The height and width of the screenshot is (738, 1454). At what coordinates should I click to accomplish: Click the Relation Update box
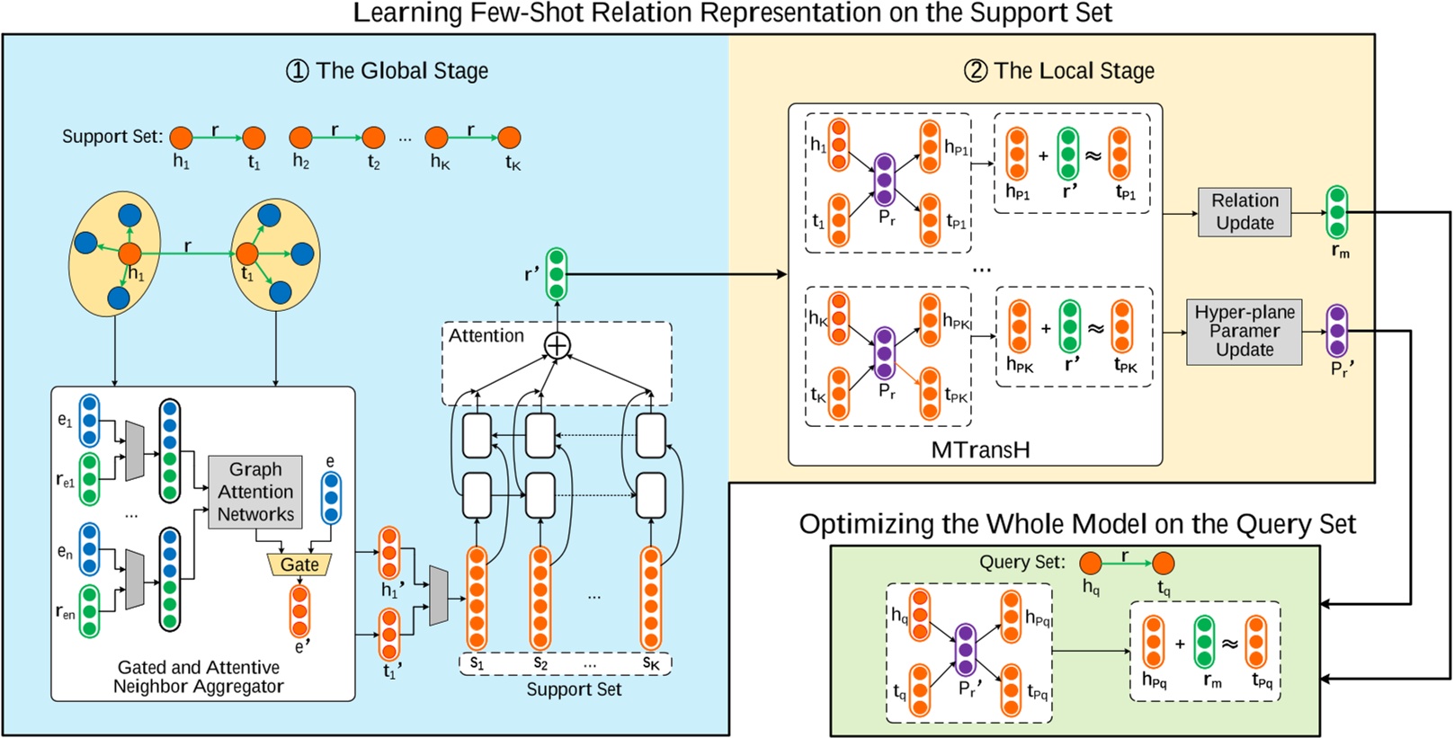(1244, 212)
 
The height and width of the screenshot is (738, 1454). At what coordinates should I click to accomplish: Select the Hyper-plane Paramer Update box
(1244, 332)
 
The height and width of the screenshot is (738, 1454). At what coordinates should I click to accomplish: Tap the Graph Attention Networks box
(255, 492)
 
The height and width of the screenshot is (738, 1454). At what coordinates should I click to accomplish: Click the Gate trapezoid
(299, 565)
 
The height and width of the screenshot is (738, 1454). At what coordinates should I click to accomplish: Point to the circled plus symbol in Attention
(558, 345)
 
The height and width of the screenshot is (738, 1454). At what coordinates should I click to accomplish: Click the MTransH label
(980, 449)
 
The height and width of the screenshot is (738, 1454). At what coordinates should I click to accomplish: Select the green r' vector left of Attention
(557, 273)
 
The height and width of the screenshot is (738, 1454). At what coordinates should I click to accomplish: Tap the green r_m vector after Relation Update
(1337, 212)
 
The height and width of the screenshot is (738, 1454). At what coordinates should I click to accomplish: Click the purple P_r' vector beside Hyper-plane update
(1337, 331)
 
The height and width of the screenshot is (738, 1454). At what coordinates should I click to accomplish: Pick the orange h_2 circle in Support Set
(300, 138)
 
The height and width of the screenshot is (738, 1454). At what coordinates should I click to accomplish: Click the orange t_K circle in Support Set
(509, 138)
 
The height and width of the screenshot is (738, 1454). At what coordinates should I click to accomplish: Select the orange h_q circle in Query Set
(1091, 564)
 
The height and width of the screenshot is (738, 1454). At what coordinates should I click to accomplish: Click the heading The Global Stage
(388, 71)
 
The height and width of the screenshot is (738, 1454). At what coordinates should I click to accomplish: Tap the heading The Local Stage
(1059, 71)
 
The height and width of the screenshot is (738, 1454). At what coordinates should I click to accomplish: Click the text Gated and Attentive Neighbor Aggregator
(198, 677)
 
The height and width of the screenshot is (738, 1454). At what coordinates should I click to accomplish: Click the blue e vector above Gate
(331, 497)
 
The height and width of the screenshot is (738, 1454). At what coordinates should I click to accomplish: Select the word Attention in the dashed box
(486, 336)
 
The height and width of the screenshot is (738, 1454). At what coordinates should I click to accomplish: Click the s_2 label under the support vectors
(540, 663)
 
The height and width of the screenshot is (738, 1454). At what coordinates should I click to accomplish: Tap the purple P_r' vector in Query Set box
(966, 650)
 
